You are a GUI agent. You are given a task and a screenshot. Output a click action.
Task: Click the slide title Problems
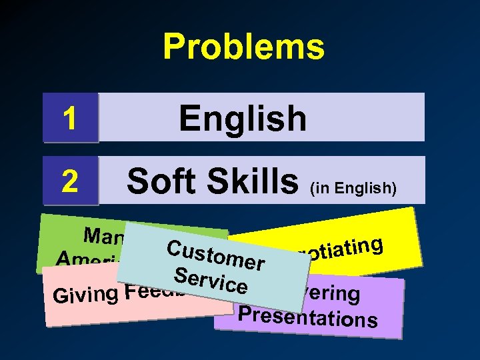(x=243, y=47)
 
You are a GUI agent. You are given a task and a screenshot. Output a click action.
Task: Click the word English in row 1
(x=243, y=119)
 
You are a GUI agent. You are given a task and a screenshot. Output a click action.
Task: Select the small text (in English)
(x=353, y=189)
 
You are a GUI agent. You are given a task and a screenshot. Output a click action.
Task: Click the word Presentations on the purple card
(x=307, y=318)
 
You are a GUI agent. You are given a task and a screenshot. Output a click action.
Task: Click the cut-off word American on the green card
(x=83, y=259)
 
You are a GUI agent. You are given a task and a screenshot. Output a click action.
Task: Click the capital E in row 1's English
(x=189, y=119)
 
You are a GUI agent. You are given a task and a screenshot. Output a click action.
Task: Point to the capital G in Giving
(x=60, y=297)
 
